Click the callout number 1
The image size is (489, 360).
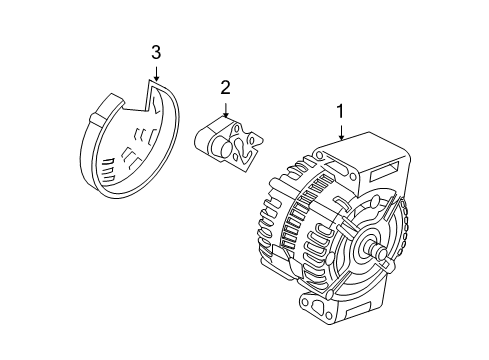tap(342, 112)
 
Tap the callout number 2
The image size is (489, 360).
tap(226, 87)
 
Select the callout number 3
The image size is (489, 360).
tap(155, 51)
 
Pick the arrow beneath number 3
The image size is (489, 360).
tap(155, 72)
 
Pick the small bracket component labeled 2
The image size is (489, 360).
tap(230, 145)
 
